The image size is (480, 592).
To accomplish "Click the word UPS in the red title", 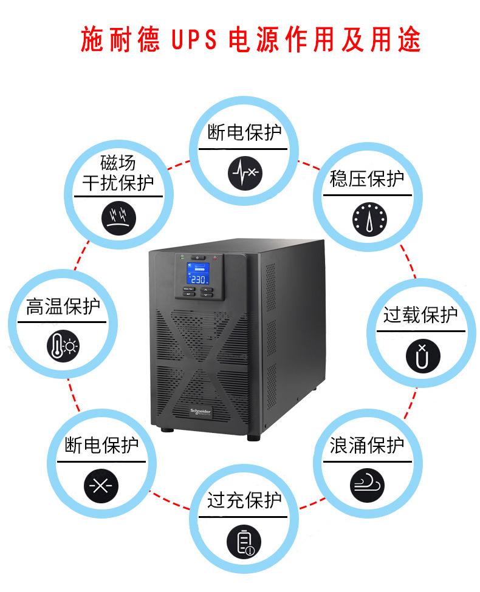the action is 194,39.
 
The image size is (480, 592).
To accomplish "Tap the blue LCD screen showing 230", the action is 197,273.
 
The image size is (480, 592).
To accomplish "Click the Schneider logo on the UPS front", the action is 201,412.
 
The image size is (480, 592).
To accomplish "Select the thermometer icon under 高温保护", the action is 63,346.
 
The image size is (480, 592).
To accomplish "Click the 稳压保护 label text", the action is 366,179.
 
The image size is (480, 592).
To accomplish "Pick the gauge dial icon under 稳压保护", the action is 369,219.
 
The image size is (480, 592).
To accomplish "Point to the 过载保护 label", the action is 420,315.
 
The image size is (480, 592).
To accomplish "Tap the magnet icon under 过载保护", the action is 423,356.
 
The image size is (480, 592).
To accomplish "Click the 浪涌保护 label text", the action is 366,445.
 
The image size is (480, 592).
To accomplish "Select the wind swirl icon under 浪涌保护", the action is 367,486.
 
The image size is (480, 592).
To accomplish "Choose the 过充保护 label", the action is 244,501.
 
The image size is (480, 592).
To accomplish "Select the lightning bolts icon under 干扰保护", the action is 118,218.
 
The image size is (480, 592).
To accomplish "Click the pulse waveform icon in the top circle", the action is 245,173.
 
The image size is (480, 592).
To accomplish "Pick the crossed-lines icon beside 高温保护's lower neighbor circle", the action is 101,486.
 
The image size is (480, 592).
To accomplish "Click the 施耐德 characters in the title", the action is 120,39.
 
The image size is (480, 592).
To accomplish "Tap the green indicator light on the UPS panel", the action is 182,256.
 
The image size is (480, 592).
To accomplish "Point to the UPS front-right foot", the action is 253,437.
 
